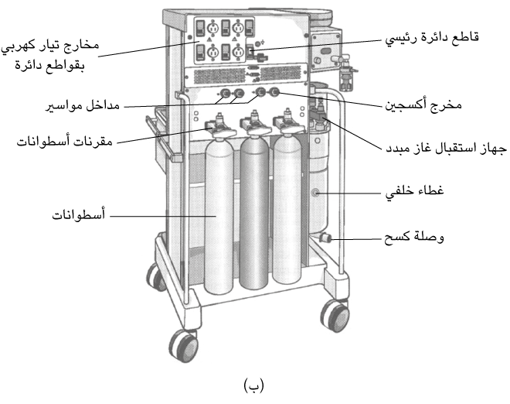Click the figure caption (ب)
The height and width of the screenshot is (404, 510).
(x=254, y=385)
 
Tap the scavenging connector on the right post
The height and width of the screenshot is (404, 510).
(x=326, y=238)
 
